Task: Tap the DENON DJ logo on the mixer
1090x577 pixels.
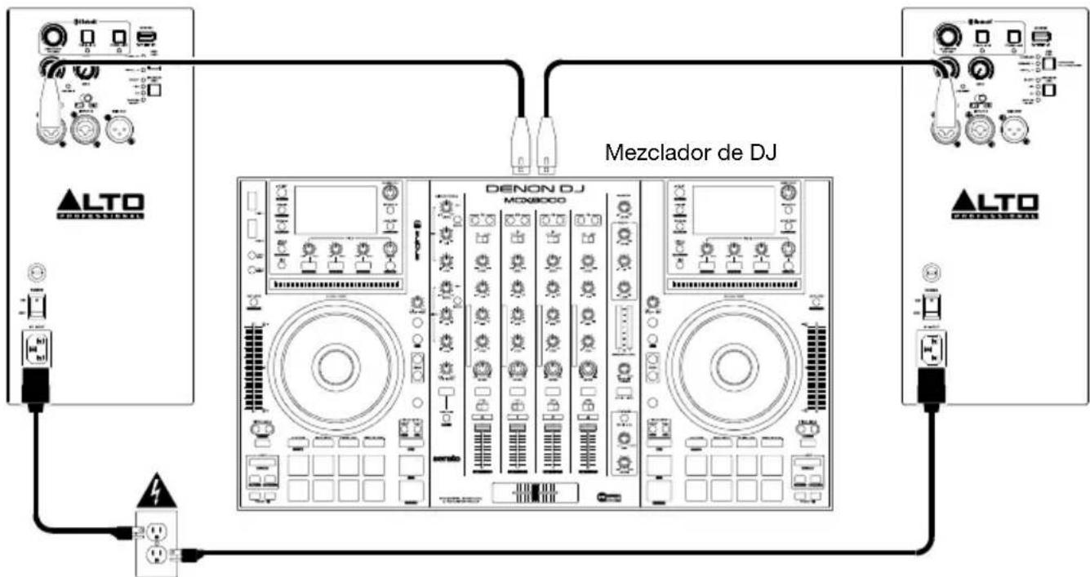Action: coord(534,188)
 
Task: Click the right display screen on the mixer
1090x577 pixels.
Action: coord(731,210)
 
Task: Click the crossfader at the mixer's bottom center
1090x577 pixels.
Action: coord(534,493)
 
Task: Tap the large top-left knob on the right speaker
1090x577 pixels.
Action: coord(948,38)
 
